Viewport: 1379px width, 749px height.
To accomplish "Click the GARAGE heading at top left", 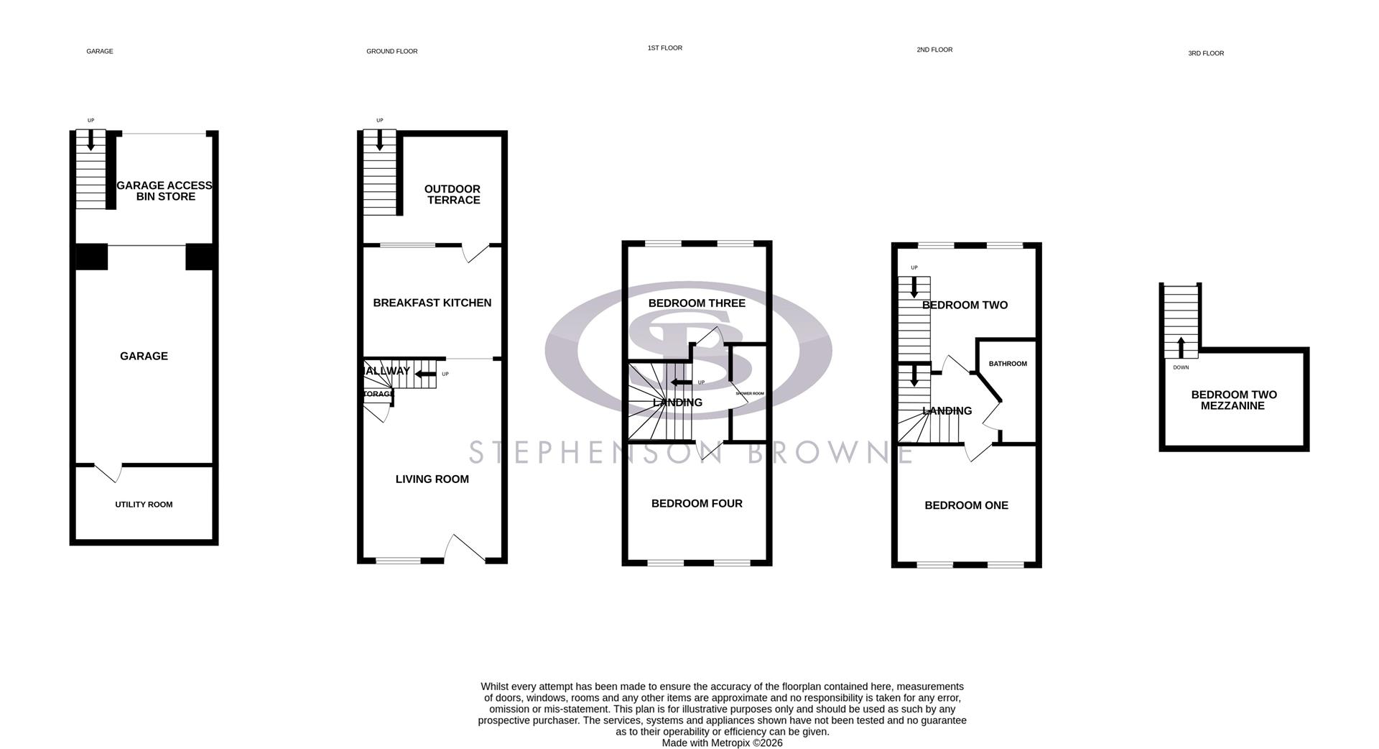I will coord(100,52).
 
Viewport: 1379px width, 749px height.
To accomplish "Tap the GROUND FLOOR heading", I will coord(391,52).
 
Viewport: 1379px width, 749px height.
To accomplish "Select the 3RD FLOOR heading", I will coord(1206,53).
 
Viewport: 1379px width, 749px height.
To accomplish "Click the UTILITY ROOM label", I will coord(144,505).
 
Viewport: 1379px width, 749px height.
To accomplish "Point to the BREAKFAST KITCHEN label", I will coord(432,303).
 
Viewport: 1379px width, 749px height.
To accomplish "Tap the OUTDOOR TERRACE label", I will coord(453,195).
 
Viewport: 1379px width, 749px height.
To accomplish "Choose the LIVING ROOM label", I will coord(432,479).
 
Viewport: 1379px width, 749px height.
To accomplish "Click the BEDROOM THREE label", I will coord(697,303).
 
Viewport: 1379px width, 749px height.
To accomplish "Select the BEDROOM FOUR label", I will coord(697,504).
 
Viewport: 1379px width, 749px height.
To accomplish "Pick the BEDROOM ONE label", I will coord(966,506).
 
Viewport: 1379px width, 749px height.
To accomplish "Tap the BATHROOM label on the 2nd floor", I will coord(1008,364).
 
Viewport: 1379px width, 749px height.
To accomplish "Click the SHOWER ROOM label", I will coord(749,394).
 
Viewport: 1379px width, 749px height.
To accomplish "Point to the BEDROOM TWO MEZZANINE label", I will coord(1234,400).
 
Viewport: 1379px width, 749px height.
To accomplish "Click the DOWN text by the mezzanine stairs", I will coord(1181,368).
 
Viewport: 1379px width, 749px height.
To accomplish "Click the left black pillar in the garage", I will coord(91,257).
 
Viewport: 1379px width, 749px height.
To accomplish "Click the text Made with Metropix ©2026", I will coord(722,743).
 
